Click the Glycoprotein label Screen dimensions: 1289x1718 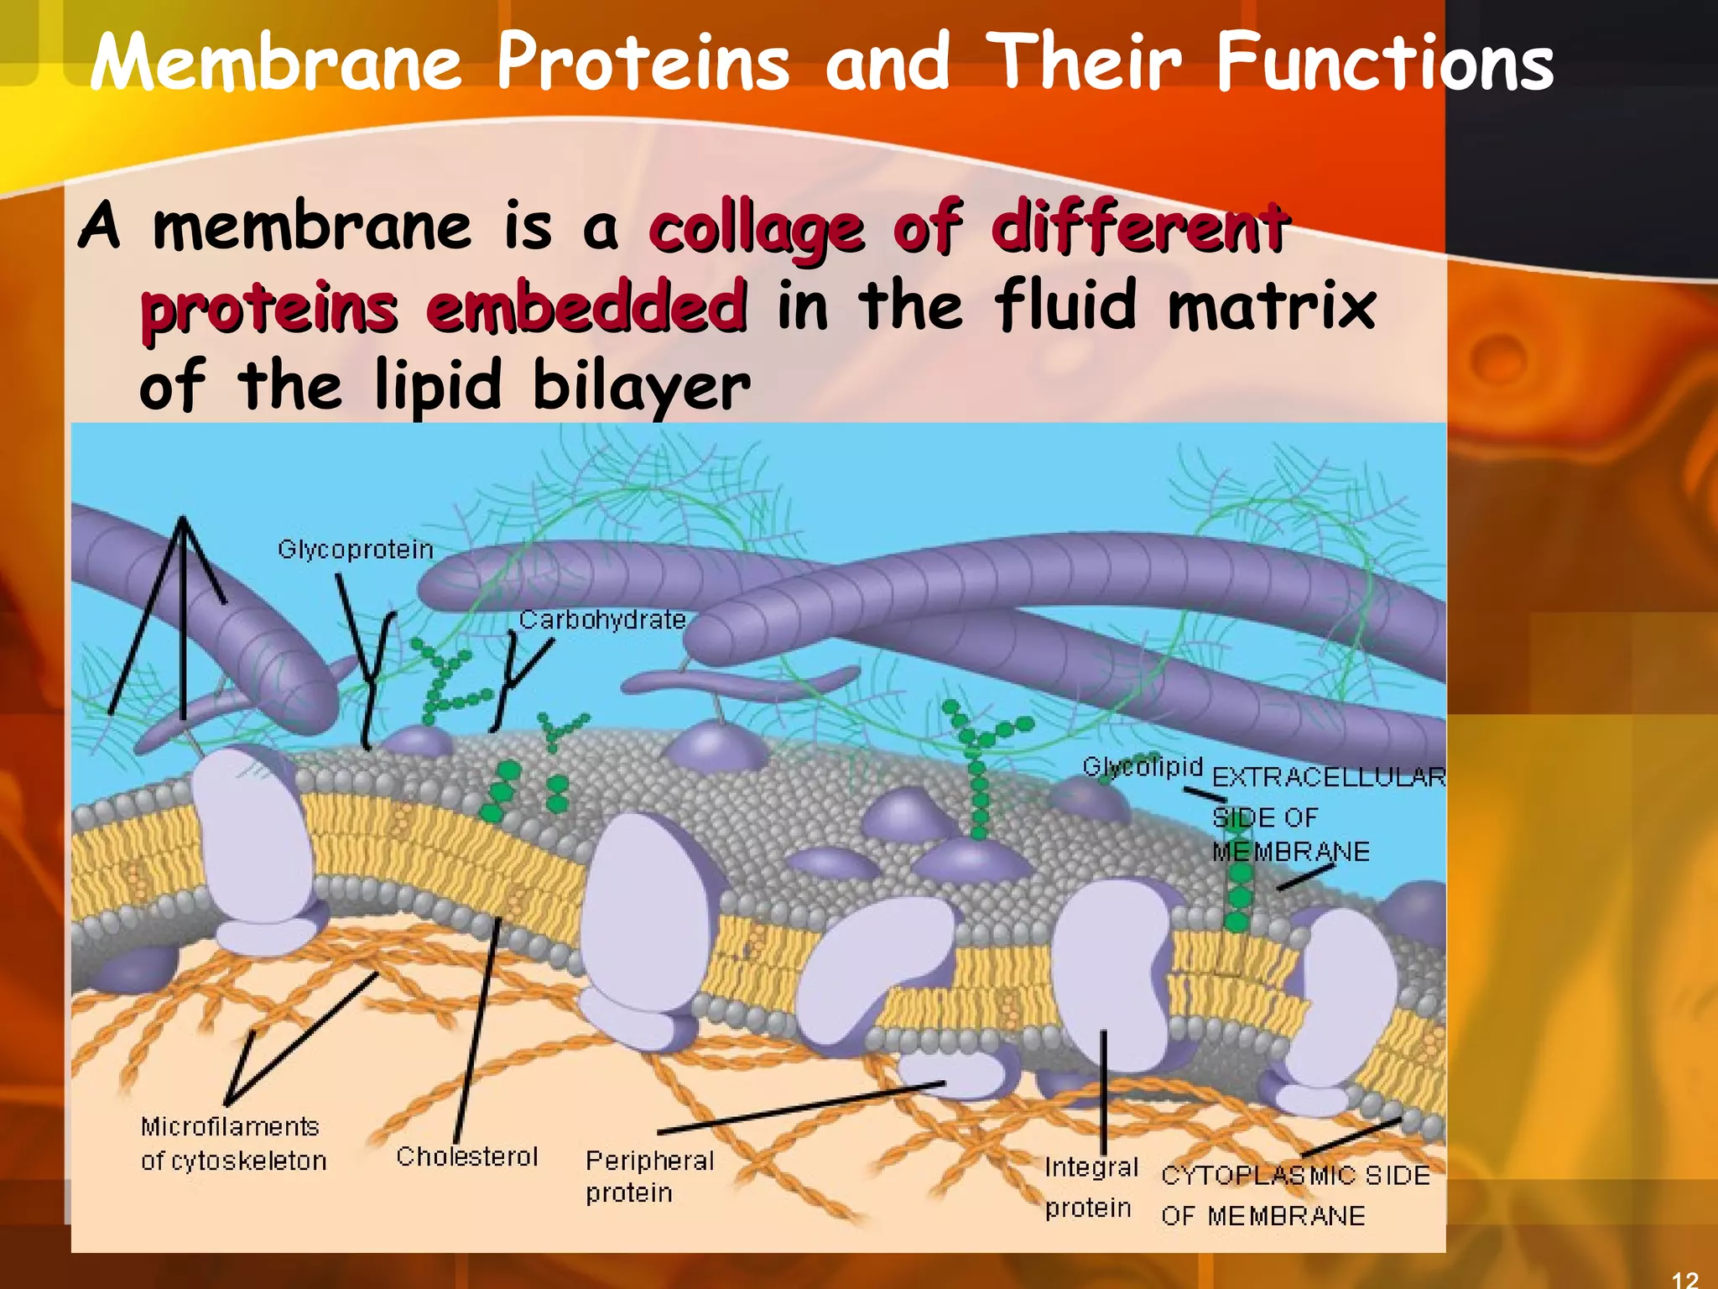tap(356, 550)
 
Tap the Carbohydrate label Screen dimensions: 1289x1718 tap(602, 620)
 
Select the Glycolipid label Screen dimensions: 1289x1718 tap(1143, 767)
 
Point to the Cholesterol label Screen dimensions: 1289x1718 tap(466, 1156)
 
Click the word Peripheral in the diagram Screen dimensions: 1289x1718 tap(650, 1161)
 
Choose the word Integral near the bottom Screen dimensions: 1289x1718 tap(1091, 1167)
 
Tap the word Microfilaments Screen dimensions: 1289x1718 tap(230, 1126)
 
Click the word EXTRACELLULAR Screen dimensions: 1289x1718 tap(1330, 777)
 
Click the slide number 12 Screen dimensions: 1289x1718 tap(1684, 1278)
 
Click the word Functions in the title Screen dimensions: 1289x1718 tap(1385, 63)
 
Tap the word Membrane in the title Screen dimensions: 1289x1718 tap(276, 63)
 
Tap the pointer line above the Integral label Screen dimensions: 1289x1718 tap(1104, 1091)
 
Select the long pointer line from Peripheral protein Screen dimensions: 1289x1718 tap(801, 1108)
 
